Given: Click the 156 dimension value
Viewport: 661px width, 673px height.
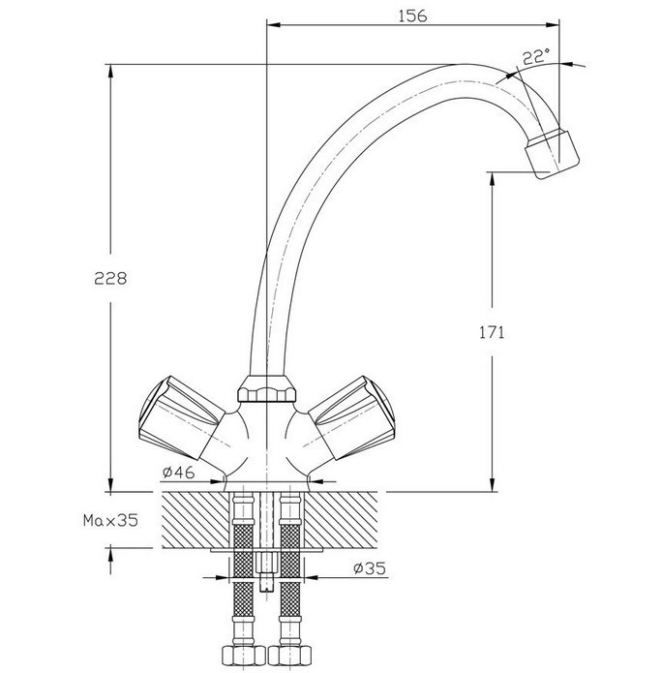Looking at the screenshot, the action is pyautogui.click(x=412, y=15).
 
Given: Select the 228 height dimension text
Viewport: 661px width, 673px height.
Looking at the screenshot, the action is pyautogui.click(x=110, y=279).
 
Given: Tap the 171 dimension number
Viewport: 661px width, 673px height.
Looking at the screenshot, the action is pyautogui.click(x=492, y=332).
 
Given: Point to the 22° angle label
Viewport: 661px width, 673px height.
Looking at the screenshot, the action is pyautogui.click(x=536, y=57).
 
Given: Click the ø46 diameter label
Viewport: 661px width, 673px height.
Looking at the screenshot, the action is pyautogui.click(x=178, y=473).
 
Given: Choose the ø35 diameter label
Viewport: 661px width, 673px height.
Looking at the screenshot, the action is pyautogui.click(x=370, y=568).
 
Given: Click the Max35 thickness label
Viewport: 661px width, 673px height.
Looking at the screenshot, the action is pyautogui.click(x=110, y=520).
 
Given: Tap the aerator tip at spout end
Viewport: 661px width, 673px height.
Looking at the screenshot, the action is pyautogui.click(x=552, y=154).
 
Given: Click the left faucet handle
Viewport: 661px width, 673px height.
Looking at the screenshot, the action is pyautogui.click(x=181, y=416).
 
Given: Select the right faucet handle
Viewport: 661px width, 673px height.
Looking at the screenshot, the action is pyautogui.click(x=351, y=416).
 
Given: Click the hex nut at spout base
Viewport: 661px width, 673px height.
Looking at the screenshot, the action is pyautogui.click(x=267, y=388).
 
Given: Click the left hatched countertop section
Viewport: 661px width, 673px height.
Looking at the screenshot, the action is pyautogui.click(x=195, y=520).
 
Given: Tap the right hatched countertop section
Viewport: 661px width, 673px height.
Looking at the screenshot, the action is pyautogui.click(x=341, y=520).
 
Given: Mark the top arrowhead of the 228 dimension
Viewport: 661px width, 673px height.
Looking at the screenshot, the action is pyautogui.click(x=110, y=72).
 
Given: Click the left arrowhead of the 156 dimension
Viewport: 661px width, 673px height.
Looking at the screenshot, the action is pyautogui.click(x=274, y=25).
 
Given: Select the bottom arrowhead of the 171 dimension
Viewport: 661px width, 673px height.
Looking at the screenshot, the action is pyautogui.click(x=492, y=484).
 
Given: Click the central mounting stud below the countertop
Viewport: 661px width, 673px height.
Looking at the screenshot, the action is pyautogui.click(x=267, y=571).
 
